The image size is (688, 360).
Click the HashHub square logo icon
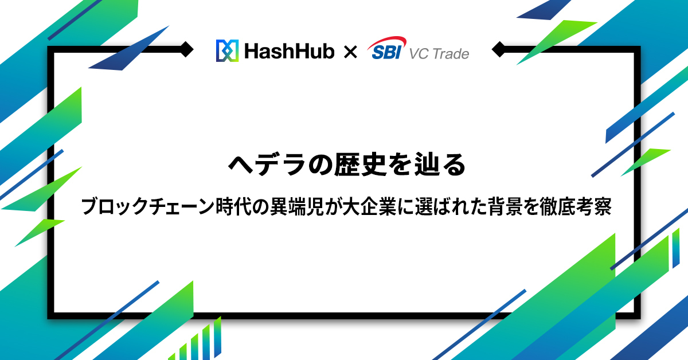point(227,50)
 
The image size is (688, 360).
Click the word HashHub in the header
point(290,51)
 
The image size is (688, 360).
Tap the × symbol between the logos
point(350,52)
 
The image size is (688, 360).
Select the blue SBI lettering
point(386,52)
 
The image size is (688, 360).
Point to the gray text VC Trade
point(439,54)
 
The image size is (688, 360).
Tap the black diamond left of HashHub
point(186,49)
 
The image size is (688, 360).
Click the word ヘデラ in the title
point(267,165)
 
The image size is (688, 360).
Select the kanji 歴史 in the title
point(360,165)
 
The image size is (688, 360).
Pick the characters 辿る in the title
point(440,165)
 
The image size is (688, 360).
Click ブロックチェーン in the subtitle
point(147,206)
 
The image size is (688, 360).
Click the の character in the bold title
point(320,165)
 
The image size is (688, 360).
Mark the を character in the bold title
point(400,165)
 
